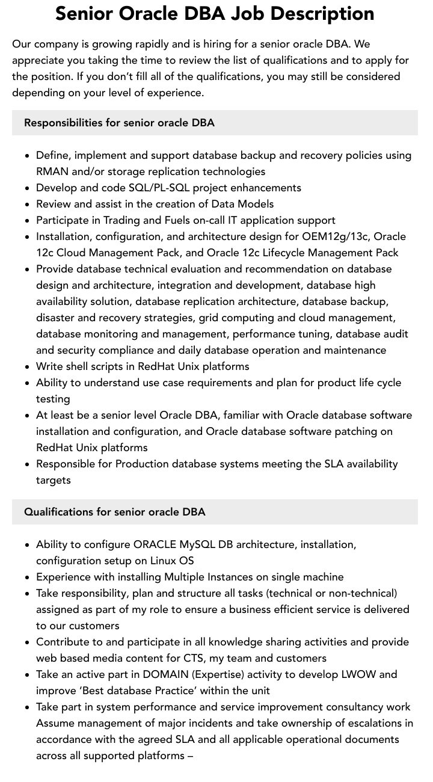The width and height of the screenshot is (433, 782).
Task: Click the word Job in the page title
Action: click(x=269, y=13)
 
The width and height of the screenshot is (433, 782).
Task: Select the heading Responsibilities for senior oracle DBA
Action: click(x=119, y=123)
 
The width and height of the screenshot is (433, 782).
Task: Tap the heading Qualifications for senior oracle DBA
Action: click(x=114, y=512)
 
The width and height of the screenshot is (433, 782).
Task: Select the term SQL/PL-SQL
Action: click(x=159, y=188)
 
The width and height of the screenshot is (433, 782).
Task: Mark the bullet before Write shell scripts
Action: click(x=28, y=367)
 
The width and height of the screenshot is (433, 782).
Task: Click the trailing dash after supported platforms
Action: click(x=190, y=756)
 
